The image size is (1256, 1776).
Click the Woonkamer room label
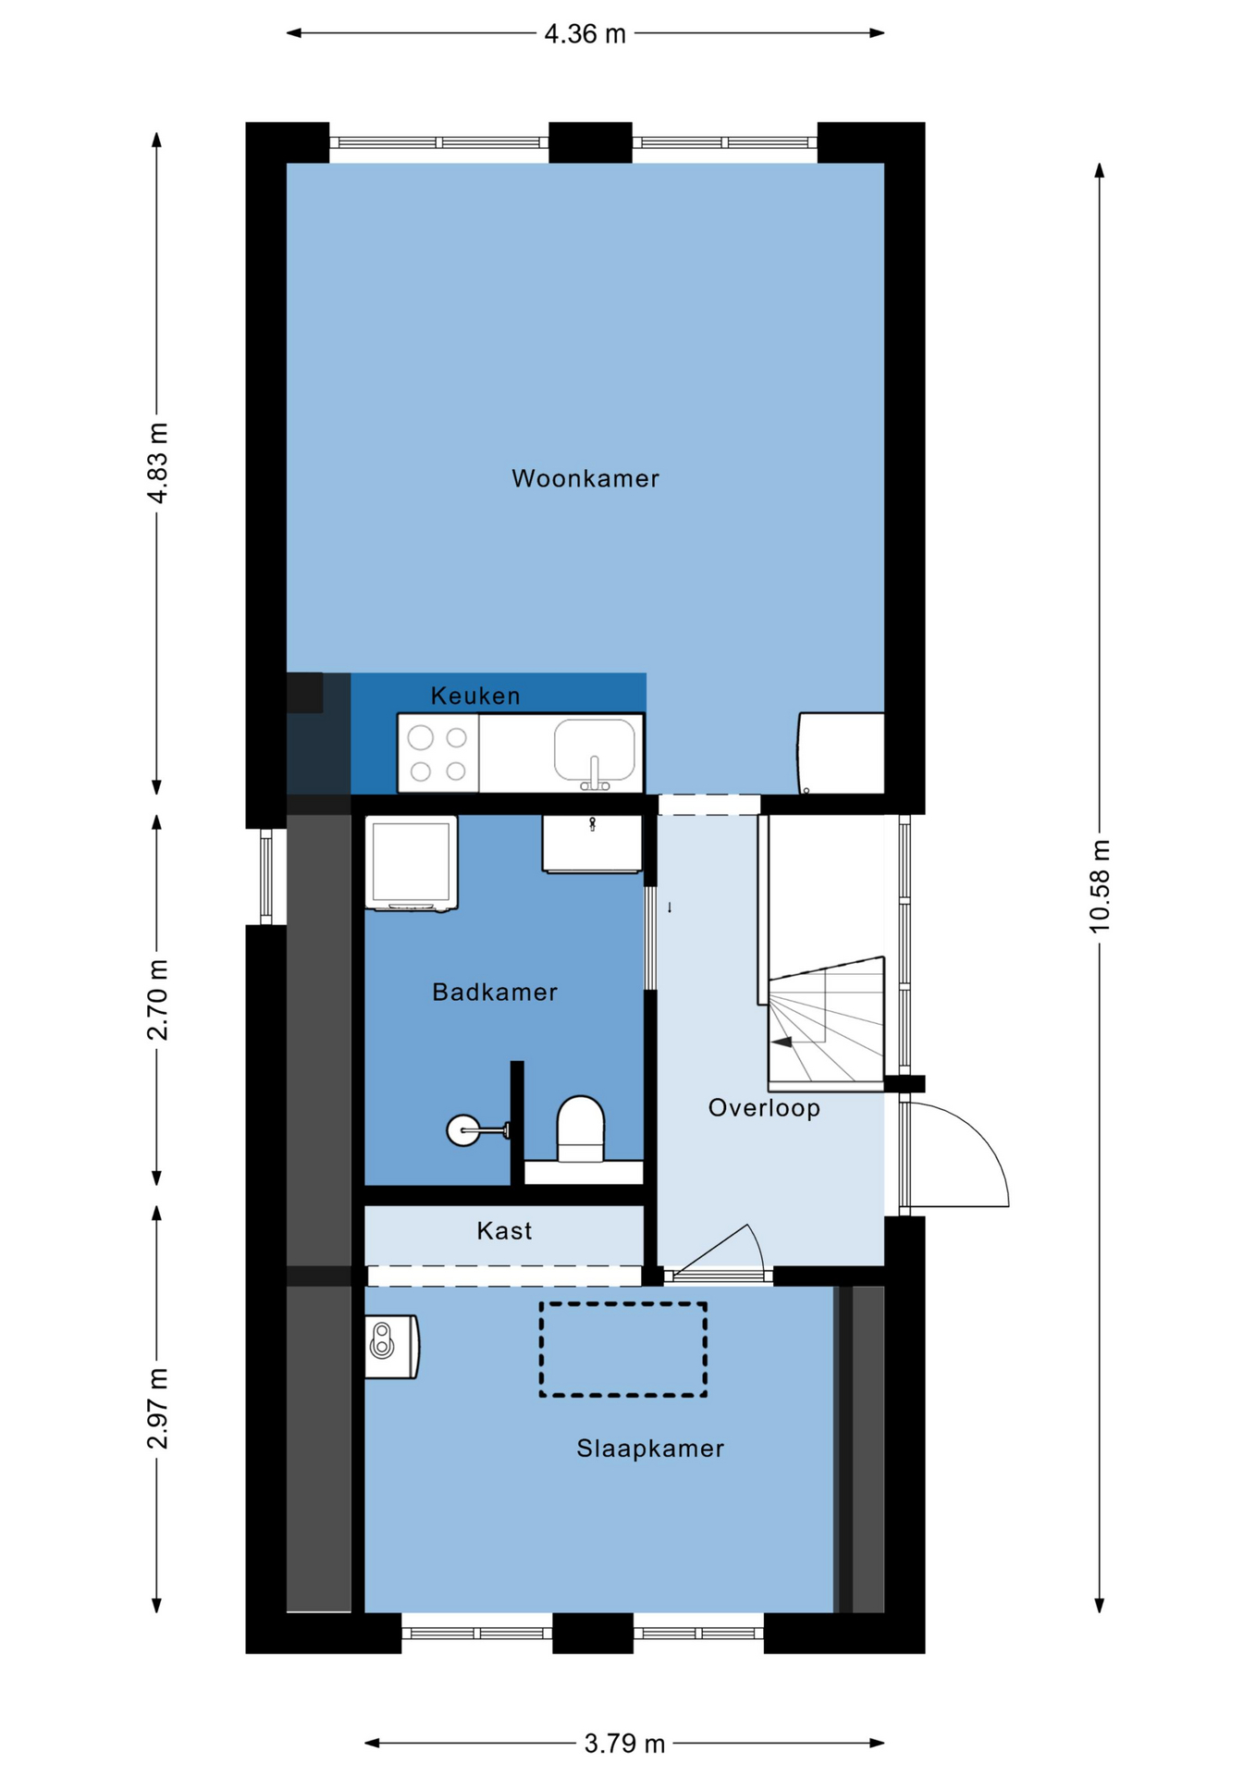click(x=585, y=478)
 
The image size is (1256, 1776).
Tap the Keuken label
click(x=475, y=696)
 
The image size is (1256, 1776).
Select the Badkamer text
click(x=495, y=993)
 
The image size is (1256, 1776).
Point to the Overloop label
click(x=764, y=1108)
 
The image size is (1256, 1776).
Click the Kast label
click(x=504, y=1231)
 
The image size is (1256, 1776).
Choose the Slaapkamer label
click(x=650, y=1449)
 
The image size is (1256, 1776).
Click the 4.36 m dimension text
click(x=585, y=34)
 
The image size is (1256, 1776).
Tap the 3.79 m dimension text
click(x=624, y=1744)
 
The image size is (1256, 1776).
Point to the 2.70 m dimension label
click(x=158, y=1000)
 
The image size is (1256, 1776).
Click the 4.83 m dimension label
click(x=158, y=463)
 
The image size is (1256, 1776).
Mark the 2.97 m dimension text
click(x=158, y=1409)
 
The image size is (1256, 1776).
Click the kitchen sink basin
click(x=595, y=750)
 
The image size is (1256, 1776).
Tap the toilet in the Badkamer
click(x=580, y=1128)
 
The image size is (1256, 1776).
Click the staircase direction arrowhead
click(x=782, y=1042)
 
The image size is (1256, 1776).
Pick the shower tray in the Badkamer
click(x=412, y=863)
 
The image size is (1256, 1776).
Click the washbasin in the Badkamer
click(x=592, y=844)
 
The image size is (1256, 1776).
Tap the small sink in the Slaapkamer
click(x=391, y=1347)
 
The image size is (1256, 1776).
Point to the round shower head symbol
click(x=463, y=1130)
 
